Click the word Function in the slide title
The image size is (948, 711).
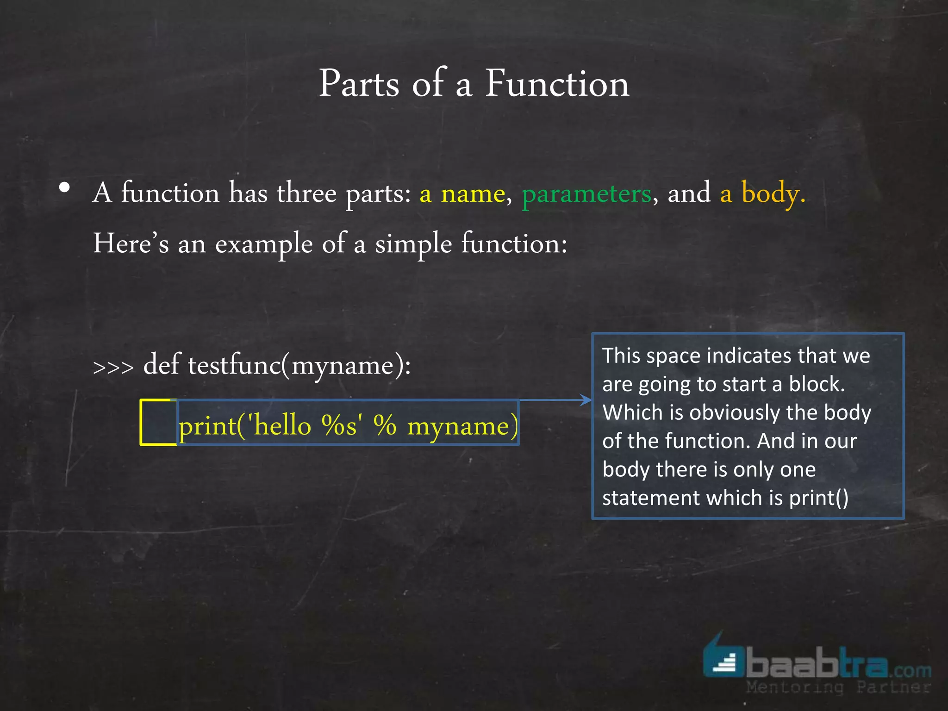pos(557,84)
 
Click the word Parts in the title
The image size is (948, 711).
pos(359,84)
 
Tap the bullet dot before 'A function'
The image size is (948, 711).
pos(65,188)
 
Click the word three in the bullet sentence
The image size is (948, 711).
pos(306,193)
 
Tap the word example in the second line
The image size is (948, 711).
pos(264,244)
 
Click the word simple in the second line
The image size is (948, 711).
pos(413,244)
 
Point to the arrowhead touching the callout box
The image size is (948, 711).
pos(587,400)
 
